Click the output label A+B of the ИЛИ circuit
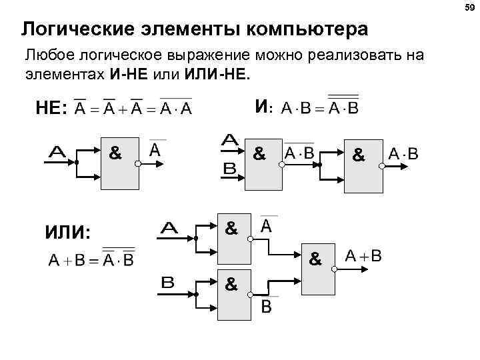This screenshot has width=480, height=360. [363, 256]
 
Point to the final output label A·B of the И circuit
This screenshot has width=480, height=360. [403, 155]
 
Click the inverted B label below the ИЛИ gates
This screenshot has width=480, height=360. [266, 306]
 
